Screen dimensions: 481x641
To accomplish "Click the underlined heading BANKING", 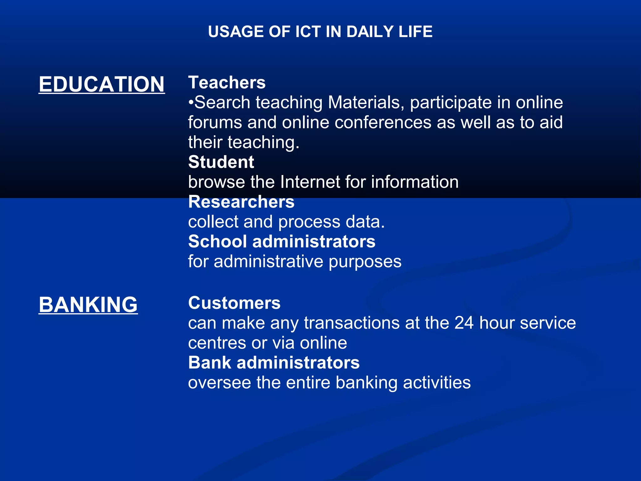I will point(88,304).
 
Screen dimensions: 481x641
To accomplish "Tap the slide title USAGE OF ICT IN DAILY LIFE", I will point(320,32).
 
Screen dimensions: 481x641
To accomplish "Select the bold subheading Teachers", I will point(227,83).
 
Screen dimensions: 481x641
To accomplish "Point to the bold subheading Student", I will point(221,162).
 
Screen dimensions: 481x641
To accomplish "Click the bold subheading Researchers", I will point(241,202).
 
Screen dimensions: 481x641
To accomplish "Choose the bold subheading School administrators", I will point(282,241).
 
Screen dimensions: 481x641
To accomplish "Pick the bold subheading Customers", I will point(234,303).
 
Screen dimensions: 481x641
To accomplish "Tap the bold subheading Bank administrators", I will point(274,363).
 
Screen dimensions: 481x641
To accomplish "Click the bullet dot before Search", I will point(191,103).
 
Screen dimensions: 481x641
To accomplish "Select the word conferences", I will point(383,122).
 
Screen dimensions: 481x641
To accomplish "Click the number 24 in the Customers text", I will point(464,323).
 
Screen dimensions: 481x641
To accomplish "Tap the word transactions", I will point(351,323).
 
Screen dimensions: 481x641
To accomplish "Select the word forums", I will point(215,122).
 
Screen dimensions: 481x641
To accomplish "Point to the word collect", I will point(213,222).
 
